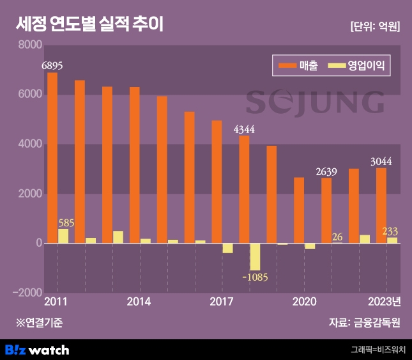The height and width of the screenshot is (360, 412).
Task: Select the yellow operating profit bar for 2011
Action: coord(63,236)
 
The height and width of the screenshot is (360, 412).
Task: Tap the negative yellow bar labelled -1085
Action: coord(256,256)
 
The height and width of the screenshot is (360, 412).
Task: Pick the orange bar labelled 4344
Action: coord(244,189)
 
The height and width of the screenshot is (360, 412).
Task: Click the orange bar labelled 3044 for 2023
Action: coord(381,205)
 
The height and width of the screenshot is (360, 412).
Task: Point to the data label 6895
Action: coord(52,65)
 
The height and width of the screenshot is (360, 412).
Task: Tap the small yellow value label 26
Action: coord(338,237)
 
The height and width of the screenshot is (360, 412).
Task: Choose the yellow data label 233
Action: coord(390,231)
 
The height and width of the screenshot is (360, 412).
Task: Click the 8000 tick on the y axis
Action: coord(29,45)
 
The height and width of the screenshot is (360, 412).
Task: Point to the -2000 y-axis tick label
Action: coord(27,293)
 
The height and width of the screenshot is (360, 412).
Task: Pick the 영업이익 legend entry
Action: coord(357,65)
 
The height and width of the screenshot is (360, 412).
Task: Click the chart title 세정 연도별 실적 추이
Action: coord(89,26)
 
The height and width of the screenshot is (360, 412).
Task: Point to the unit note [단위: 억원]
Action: coord(375,27)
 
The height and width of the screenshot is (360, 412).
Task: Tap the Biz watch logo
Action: coord(36,350)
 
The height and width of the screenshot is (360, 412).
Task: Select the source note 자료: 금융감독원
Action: coord(365,322)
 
